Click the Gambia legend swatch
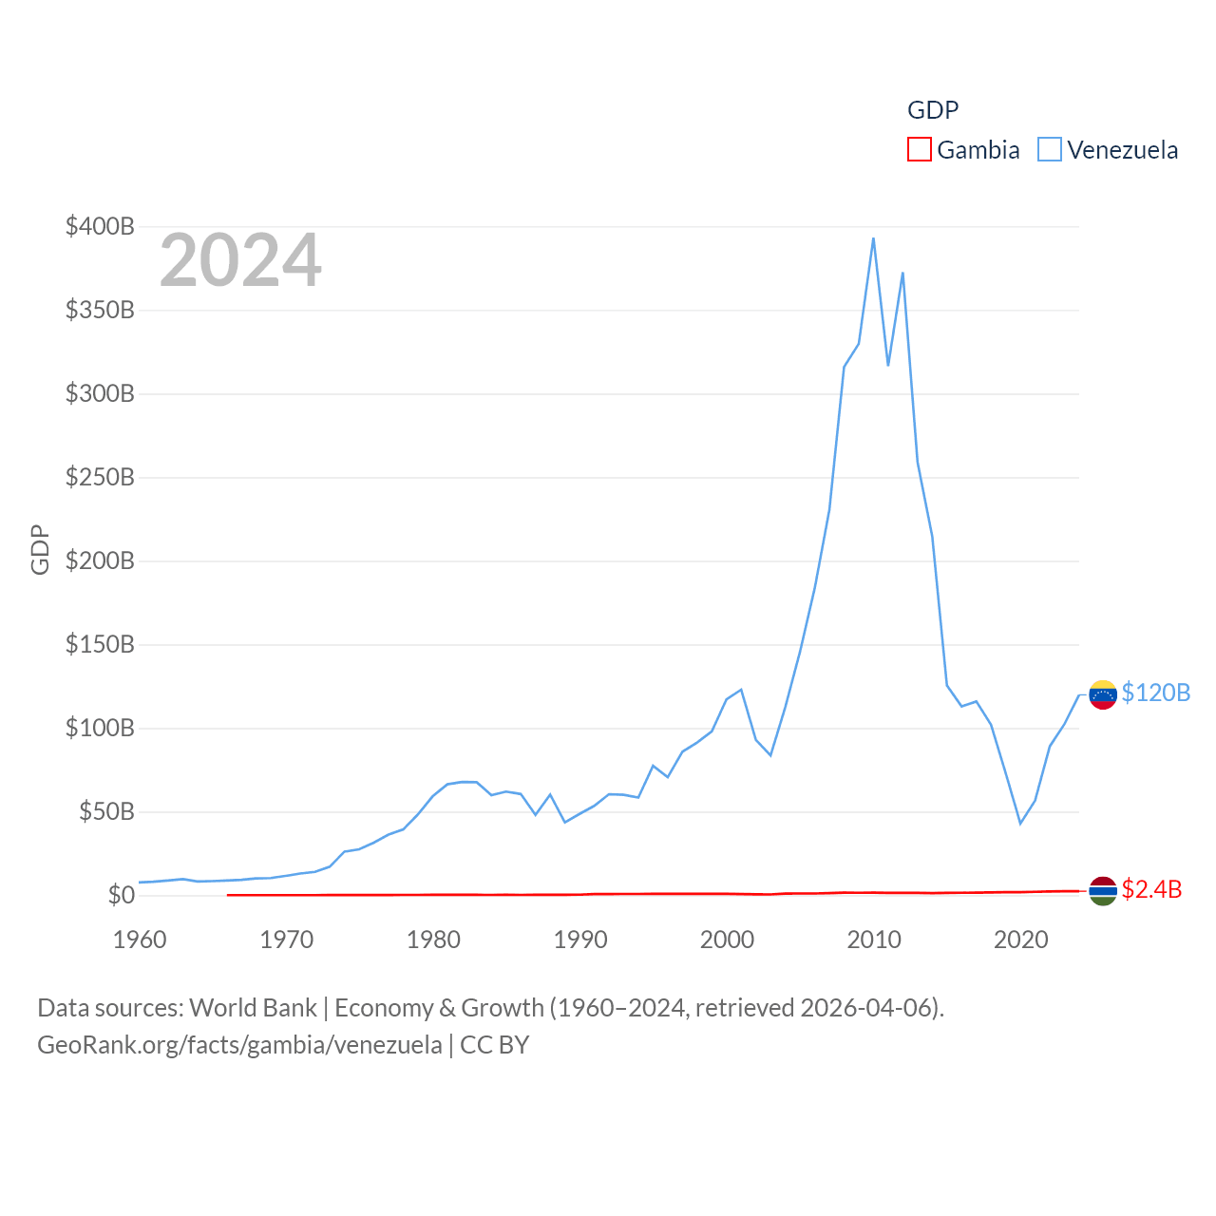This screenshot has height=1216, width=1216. click(919, 150)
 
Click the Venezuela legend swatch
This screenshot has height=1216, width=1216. click(1049, 150)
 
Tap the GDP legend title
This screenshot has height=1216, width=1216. click(933, 110)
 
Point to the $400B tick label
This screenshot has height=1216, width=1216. click(100, 226)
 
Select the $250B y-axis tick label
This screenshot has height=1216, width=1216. click(100, 477)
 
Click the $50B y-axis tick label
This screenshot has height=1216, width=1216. click(105, 811)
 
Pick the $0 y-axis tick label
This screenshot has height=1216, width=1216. click(121, 895)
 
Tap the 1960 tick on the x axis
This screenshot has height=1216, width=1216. click(140, 940)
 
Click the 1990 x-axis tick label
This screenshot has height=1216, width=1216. click(580, 940)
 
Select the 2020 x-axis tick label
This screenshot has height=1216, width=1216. click(1020, 940)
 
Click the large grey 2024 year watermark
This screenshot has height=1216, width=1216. click(240, 260)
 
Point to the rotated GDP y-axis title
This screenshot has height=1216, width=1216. click(40, 549)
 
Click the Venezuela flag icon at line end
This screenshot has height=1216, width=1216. click(1102, 694)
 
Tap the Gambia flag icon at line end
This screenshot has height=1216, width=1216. click(1102, 890)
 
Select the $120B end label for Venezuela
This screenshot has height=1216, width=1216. click(1155, 693)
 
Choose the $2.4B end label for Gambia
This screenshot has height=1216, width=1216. click(1151, 889)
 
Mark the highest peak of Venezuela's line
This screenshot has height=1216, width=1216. click(873, 238)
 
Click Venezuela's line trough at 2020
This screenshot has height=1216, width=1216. click(1020, 823)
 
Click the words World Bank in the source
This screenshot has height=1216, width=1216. click(253, 1007)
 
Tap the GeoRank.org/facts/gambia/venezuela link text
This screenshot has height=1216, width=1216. click(239, 1045)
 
